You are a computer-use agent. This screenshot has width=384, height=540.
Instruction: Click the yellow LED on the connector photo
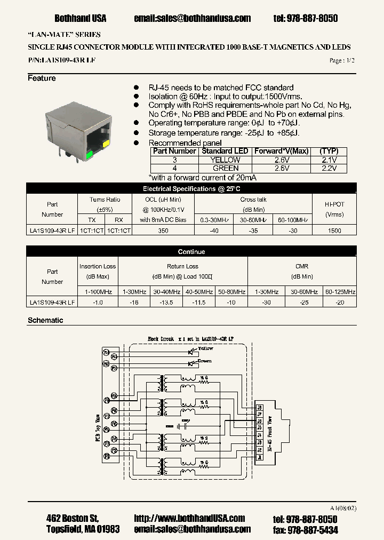pyautogui.click(x=106, y=144)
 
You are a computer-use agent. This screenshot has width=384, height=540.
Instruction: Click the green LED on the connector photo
pyautogui.click(x=89, y=155)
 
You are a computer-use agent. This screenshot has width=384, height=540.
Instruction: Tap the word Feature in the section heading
pyautogui.click(x=42, y=78)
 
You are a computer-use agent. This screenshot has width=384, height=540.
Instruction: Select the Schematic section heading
pyautogui.click(x=45, y=320)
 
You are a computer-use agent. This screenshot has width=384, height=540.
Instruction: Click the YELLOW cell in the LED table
pyautogui.click(x=226, y=160)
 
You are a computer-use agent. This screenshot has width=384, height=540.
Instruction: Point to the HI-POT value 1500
pyautogui.click(x=334, y=231)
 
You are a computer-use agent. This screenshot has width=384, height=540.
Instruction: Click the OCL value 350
pyautogui.click(x=163, y=231)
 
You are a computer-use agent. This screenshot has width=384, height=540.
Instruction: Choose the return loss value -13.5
pyautogui.click(x=167, y=303)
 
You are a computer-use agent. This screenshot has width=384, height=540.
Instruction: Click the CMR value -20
pyautogui.click(x=340, y=303)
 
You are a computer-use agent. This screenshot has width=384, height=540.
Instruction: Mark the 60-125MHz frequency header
pyautogui.click(x=340, y=292)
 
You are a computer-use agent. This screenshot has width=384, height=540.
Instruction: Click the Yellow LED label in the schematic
pyautogui.click(x=205, y=348)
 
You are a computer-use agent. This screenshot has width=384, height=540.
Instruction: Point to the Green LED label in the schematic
pyautogui.click(x=205, y=360)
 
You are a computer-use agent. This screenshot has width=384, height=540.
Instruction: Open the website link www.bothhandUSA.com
pyautogui.click(x=189, y=518)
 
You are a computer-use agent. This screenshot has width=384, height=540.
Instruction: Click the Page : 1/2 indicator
pyautogui.click(x=342, y=61)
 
